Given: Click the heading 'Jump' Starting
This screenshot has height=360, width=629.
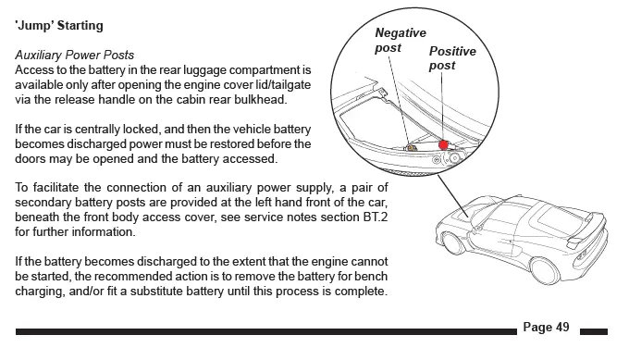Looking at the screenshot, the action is click(x=59, y=25).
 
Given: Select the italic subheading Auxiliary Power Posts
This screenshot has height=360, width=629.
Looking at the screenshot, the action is click(x=75, y=55).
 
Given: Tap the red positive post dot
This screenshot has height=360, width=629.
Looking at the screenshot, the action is click(x=443, y=145).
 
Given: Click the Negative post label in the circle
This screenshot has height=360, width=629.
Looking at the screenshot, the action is click(x=401, y=40).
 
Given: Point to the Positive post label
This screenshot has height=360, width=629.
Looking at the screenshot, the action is click(x=452, y=58).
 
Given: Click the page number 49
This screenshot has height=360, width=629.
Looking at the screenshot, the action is click(x=562, y=327).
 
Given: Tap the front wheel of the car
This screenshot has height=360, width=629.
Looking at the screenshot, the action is click(x=452, y=243).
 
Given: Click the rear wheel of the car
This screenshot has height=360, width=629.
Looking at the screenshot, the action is click(x=544, y=271).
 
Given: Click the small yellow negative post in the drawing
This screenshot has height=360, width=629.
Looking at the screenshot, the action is click(x=411, y=148).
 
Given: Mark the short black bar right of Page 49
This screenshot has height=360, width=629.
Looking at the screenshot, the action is click(x=594, y=331).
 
